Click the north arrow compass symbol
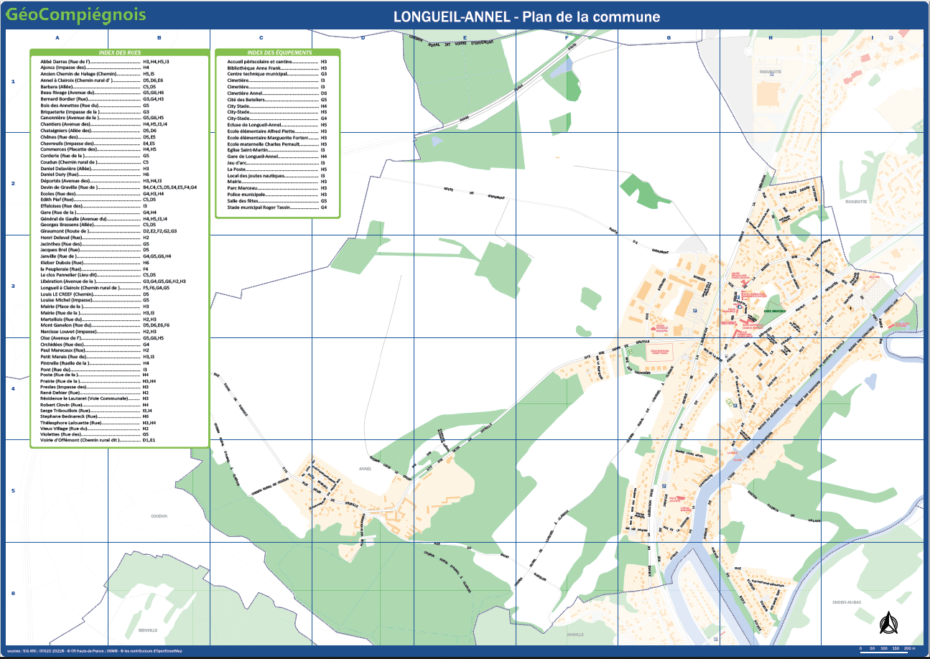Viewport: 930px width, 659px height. click(x=888, y=622)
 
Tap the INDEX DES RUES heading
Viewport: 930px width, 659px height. click(x=119, y=53)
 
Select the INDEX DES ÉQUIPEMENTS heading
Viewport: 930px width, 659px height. click(x=279, y=53)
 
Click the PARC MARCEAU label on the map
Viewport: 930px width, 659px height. click(x=775, y=311)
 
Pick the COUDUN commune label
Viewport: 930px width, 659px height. click(x=159, y=515)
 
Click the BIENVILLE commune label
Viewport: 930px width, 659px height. click(x=149, y=630)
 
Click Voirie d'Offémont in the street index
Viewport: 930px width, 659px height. click(x=78, y=439)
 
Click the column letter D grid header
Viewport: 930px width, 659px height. click(x=363, y=37)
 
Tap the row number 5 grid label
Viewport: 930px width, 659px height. click(x=13, y=491)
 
